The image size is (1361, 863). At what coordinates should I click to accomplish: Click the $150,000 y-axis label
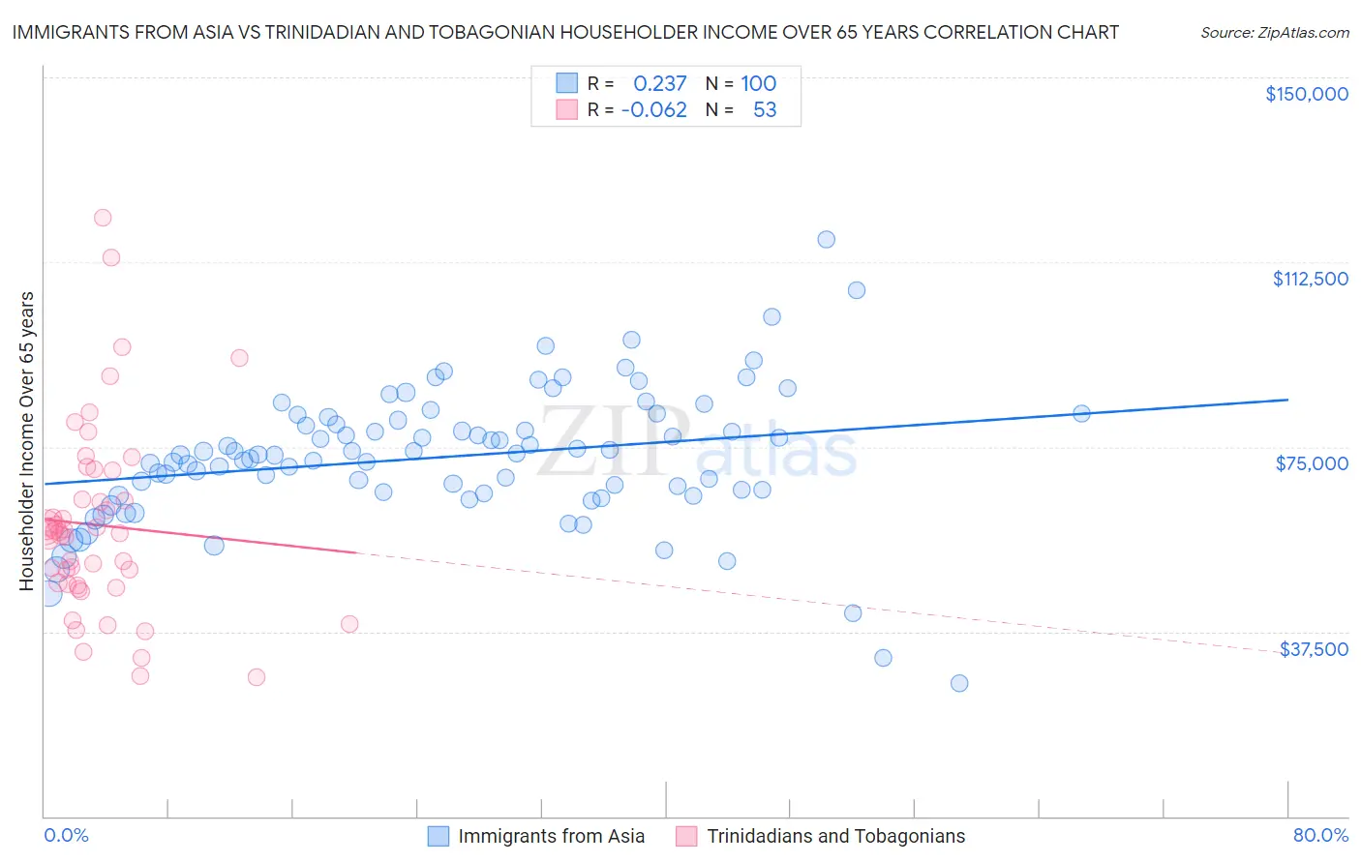pyautogui.click(x=1306, y=94)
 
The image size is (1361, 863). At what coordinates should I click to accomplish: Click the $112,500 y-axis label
pyautogui.click(x=1310, y=279)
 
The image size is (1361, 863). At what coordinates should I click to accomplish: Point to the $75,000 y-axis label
pyautogui.click(x=1312, y=463)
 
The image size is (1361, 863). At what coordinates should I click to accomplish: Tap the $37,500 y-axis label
pyautogui.click(x=1314, y=649)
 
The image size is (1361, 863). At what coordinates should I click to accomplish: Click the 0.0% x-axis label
pyautogui.click(x=66, y=835)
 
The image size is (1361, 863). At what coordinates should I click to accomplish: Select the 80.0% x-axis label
pyautogui.click(x=1320, y=835)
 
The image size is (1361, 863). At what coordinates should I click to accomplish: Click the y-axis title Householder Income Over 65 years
pyautogui.click(x=27, y=441)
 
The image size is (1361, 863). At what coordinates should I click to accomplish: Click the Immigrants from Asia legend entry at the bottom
pyautogui.click(x=551, y=836)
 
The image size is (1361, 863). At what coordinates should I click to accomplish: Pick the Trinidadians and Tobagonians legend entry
pyautogui.click(x=835, y=836)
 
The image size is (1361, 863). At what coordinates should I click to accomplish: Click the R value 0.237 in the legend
pyautogui.click(x=659, y=83)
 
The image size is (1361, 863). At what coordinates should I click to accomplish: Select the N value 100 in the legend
pyautogui.click(x=759, y=83)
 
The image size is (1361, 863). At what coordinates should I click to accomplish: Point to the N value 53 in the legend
pyautogui.click(x=765, y=109)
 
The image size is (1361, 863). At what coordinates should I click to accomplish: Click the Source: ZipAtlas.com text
pyautogui.click(x=1274, y=32)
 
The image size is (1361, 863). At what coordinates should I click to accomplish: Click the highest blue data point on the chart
pyautogui.click(x=826, y=239)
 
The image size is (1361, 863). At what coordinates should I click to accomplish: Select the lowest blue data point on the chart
pyautogui.click(x=959, y=683)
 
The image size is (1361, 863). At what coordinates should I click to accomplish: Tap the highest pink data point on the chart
pyautogui.click(x=103, y=218)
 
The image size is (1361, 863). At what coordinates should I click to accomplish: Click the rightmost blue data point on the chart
pyautogui.click(x=1081, y=413)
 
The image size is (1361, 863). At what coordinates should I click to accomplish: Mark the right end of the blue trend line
pyautogui.click(x=1287, y=400)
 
